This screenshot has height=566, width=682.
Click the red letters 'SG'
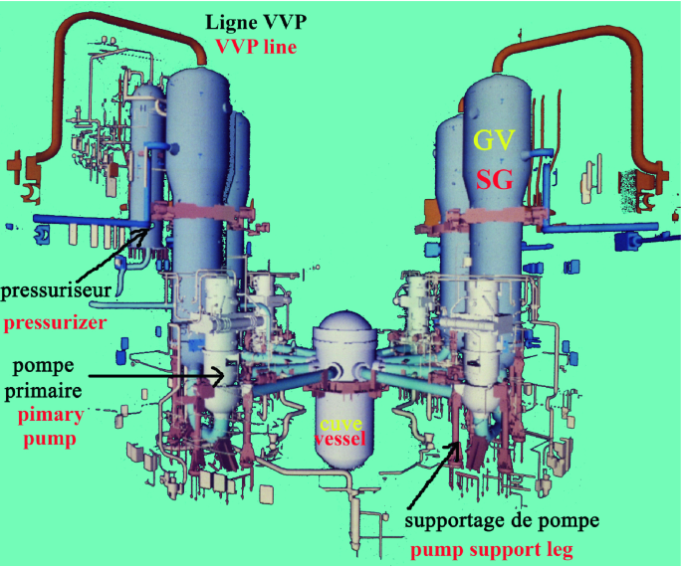click(494, 180)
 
